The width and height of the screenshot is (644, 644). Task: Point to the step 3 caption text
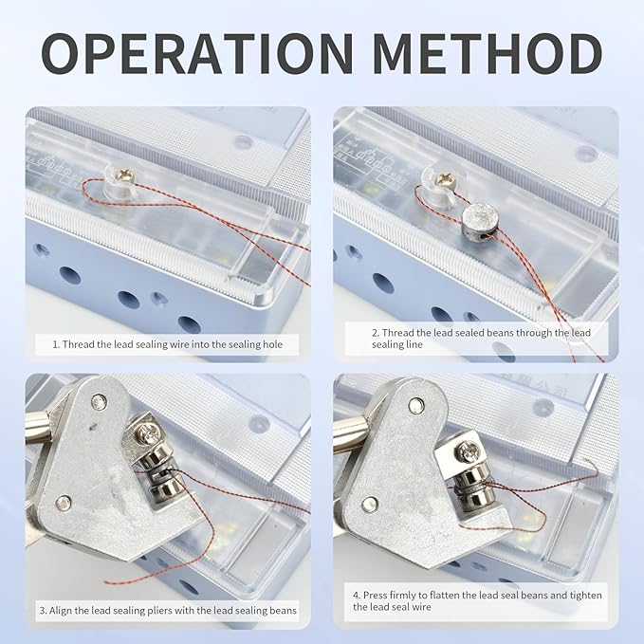(x=168, y=611)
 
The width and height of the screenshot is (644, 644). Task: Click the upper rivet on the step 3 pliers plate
(x=100, y=403)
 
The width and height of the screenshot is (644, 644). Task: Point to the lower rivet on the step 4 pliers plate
(x=370, y=504)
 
